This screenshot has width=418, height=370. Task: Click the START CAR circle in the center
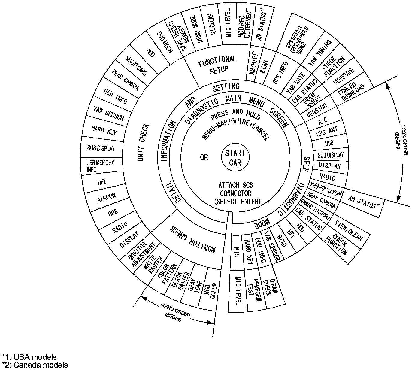pyautogui.click(x=235, y=158)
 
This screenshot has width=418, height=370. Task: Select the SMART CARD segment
pyautogui.click(x=136, y=65)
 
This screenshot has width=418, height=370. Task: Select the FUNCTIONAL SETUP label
pyautogui.click(x=217, y=64)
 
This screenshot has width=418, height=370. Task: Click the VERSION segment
pyautogui.click(x=316, y=111)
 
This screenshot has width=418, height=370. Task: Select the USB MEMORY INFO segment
pyautogui.click(x=100, y=166)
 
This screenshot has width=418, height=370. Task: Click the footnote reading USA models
pyautogui.click(x=29, y=357)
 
